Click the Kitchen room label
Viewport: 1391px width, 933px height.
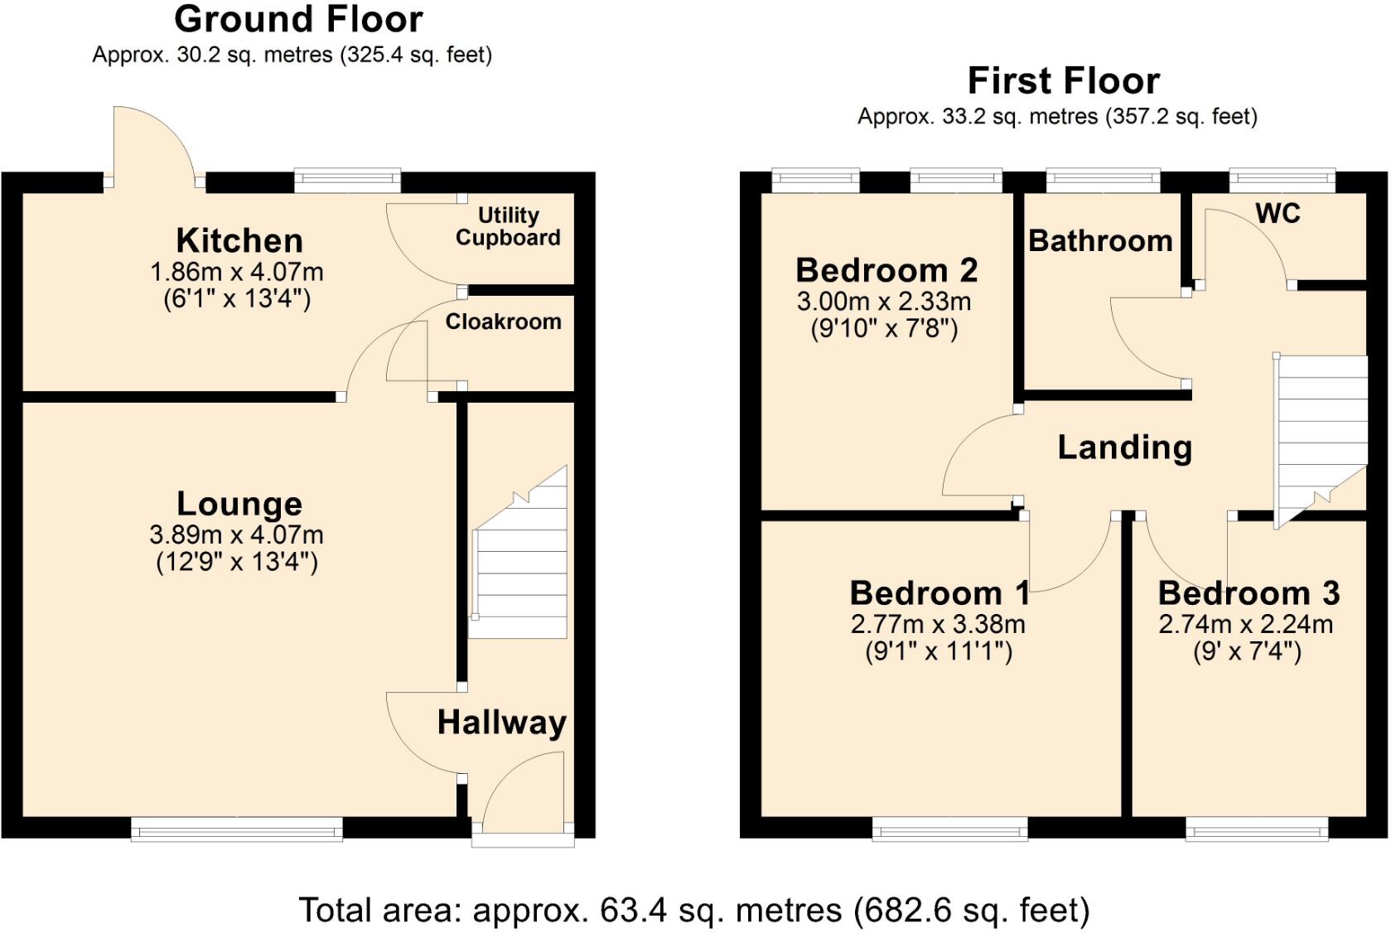click(x=239, y=240)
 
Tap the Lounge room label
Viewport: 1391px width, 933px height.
click(x=239, y=504)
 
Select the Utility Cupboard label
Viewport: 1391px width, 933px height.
click(x=508, y=227)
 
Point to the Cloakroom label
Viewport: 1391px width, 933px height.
click(x=503, y=321)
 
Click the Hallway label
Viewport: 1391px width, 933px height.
click(x=502, y=723)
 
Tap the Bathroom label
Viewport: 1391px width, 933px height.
click(x=1100, y=241)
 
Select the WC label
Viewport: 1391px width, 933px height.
click(x=1278, y=214)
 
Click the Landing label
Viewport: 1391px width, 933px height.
click(x=1125, y=448)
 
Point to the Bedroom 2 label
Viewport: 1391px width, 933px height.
click(x=886, y=270)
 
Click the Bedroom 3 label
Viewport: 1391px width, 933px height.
click(x=1249, y=593)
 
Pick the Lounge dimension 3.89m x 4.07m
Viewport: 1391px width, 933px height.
click(x=237, y=534)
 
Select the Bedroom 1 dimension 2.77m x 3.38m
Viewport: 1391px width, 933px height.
click(x=938, y=624)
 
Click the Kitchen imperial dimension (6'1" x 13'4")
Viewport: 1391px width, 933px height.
click(x=237, y=299)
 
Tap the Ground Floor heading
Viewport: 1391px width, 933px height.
click(x=299, y=19)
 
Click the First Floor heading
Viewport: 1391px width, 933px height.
click(x=1064, y=80)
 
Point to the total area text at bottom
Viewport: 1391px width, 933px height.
click(x=694, y=911)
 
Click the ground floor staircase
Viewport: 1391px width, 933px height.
click(x=519, y=552)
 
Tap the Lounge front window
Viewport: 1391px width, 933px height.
click(x=237, y=829)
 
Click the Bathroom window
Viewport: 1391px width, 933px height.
click(x=1103, y=180)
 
